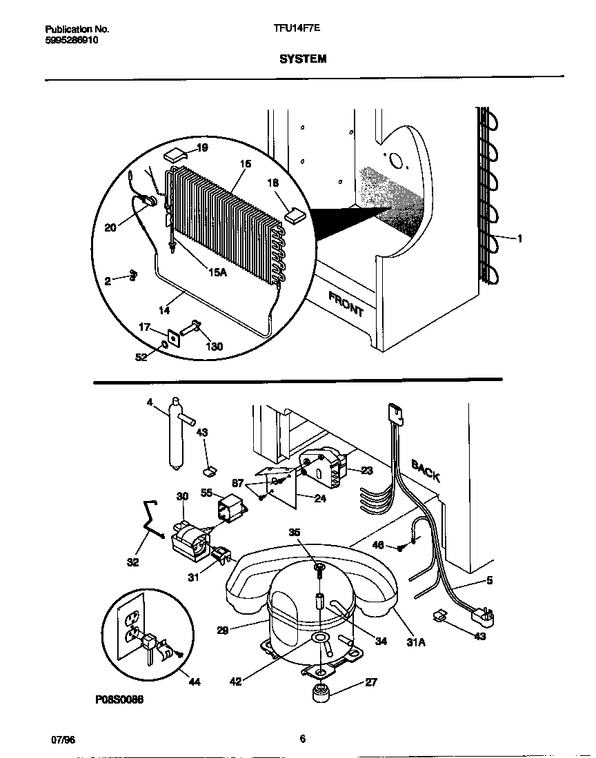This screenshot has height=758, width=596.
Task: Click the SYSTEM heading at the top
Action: [303, 59]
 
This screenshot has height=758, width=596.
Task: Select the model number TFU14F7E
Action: [297, 30]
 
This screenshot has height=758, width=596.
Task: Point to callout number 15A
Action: [217, 273]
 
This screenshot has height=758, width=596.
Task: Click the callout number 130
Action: [214, 347]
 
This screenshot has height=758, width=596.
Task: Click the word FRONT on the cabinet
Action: [346, 303]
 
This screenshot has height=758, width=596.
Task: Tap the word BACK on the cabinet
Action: [426, 471]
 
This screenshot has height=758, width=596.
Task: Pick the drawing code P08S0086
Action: [119, 699]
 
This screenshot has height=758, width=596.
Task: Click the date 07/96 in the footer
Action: [63, 739]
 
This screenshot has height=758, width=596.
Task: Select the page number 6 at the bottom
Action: [302, 739]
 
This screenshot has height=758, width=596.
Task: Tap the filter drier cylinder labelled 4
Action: [176, 436]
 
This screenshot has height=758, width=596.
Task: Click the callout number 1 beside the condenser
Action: [519, 238]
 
